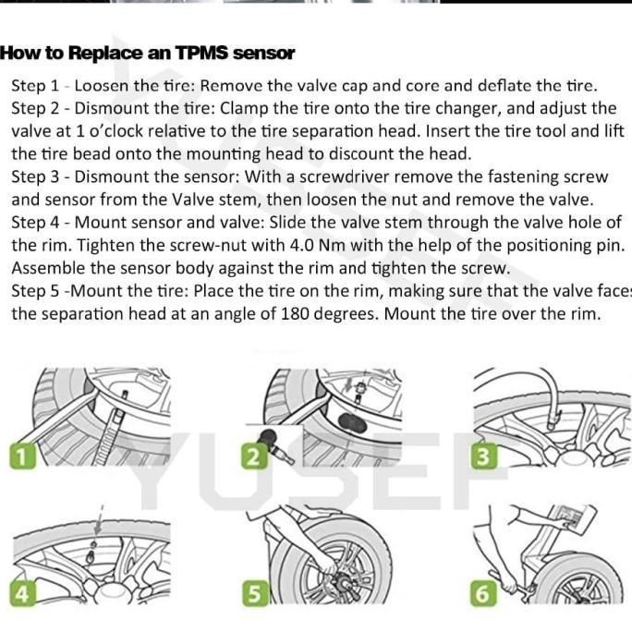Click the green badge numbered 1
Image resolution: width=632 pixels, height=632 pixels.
pyautogui.click(x=22, y=456)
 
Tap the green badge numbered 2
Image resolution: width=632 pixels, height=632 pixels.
pyautogui.click(x=254, y=456)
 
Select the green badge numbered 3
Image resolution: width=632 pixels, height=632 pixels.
pyautogui.click(x=484, y=456)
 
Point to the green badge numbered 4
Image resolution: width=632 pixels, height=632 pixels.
pyautogui.click(x=22, y=593)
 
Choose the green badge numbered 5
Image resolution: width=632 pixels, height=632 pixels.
pyautogui.click(x=256, y=593)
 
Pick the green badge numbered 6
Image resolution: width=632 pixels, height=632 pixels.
pyautogui.click(x=483, y=593)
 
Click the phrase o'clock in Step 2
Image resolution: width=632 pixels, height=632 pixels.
pyautogui.click(x=116, y=131)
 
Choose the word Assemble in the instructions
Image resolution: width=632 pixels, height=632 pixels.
pyautogui.click(x=48, y=268)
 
